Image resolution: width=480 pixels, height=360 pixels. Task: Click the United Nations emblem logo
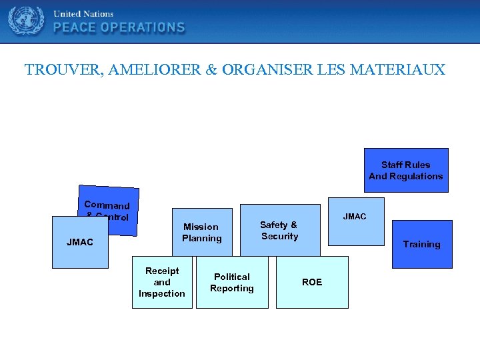(26, 21)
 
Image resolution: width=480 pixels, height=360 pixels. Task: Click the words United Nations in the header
(83, 13)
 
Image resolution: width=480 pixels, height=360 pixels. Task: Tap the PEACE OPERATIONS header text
(119, 27)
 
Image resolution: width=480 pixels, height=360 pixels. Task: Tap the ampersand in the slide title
(212, 69)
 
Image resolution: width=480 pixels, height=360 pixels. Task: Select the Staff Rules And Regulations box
(405, 170)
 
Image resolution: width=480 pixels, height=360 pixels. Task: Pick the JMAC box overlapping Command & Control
(80, 243)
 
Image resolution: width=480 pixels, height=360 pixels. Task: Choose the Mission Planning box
(202, 232)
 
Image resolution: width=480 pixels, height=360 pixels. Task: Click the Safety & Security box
(279, 231)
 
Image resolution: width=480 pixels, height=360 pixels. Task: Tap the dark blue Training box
(421, 244)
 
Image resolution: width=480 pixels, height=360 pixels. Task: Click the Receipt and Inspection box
(162, 282)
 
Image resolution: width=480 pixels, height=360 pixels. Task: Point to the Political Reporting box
(232, 282)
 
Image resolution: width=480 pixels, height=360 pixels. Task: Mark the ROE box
(312, 282)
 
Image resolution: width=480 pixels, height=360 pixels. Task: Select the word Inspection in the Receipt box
(162, 293)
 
